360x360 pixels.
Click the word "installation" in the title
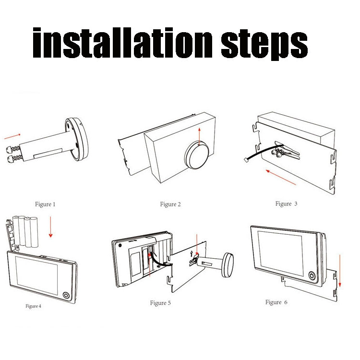(x=122, y=43)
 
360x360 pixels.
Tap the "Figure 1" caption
(x=45, y=204)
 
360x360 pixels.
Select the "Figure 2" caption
(x=170, y=204)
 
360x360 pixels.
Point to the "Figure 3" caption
(x=286, y=204)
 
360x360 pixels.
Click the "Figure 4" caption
(x=33, y=306)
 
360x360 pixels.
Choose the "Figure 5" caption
(x=160, y=303)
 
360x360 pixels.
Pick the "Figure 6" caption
(x=276, y=302)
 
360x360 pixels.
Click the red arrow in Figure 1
(x=12, y=136)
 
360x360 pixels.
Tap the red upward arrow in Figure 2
(x=199, y=137)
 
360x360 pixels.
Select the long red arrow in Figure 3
(x=281, y=177)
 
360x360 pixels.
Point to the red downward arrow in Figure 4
(x=50, y=227)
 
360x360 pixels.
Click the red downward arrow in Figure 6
(x=340, y=271)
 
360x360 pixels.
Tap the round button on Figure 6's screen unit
(x=312, y=275)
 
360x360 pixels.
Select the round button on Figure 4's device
(x=66, y=295)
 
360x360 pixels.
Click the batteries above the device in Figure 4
(x=25, y=231)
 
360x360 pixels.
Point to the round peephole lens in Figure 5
(x=228, y=265)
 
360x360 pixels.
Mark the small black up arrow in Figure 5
(x=192, y=254)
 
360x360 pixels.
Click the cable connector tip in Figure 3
(x=246, y=159)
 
